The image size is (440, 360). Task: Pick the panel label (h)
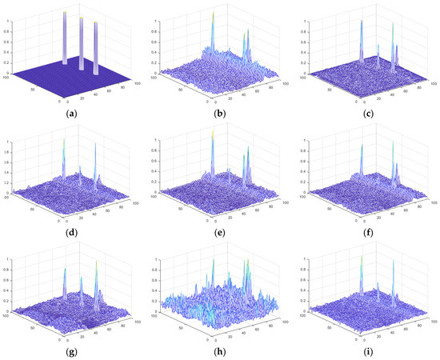coord(219,350)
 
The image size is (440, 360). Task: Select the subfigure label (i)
coord(367,350)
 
